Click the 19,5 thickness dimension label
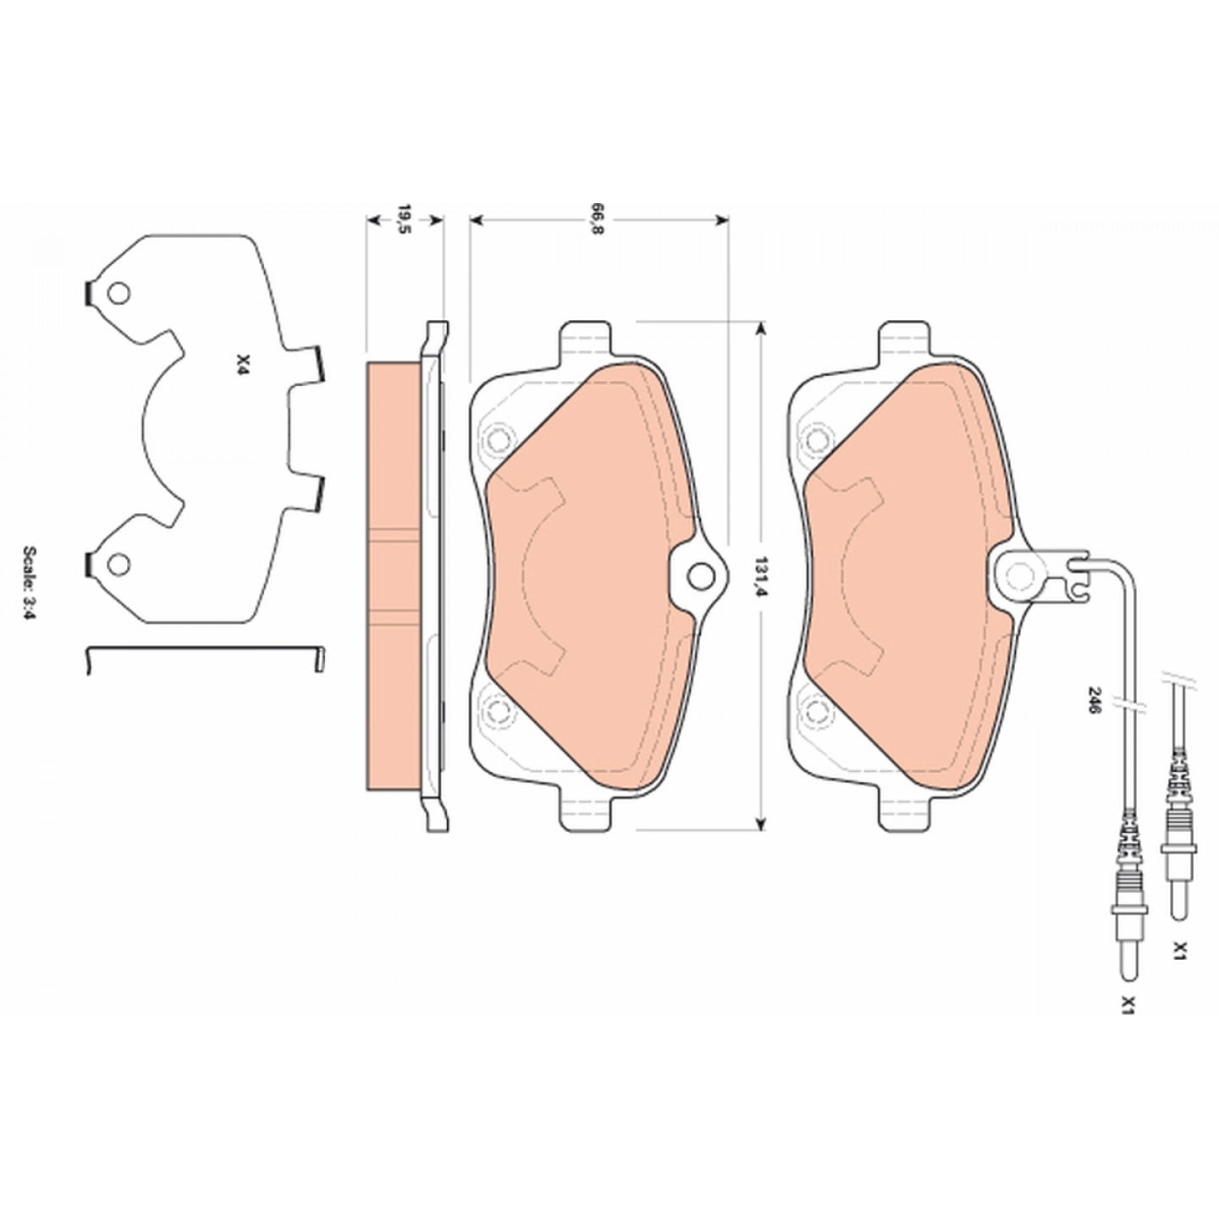[405, 220]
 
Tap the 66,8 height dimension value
[598, 220]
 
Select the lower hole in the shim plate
[119, 564]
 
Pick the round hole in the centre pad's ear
[699, 576]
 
